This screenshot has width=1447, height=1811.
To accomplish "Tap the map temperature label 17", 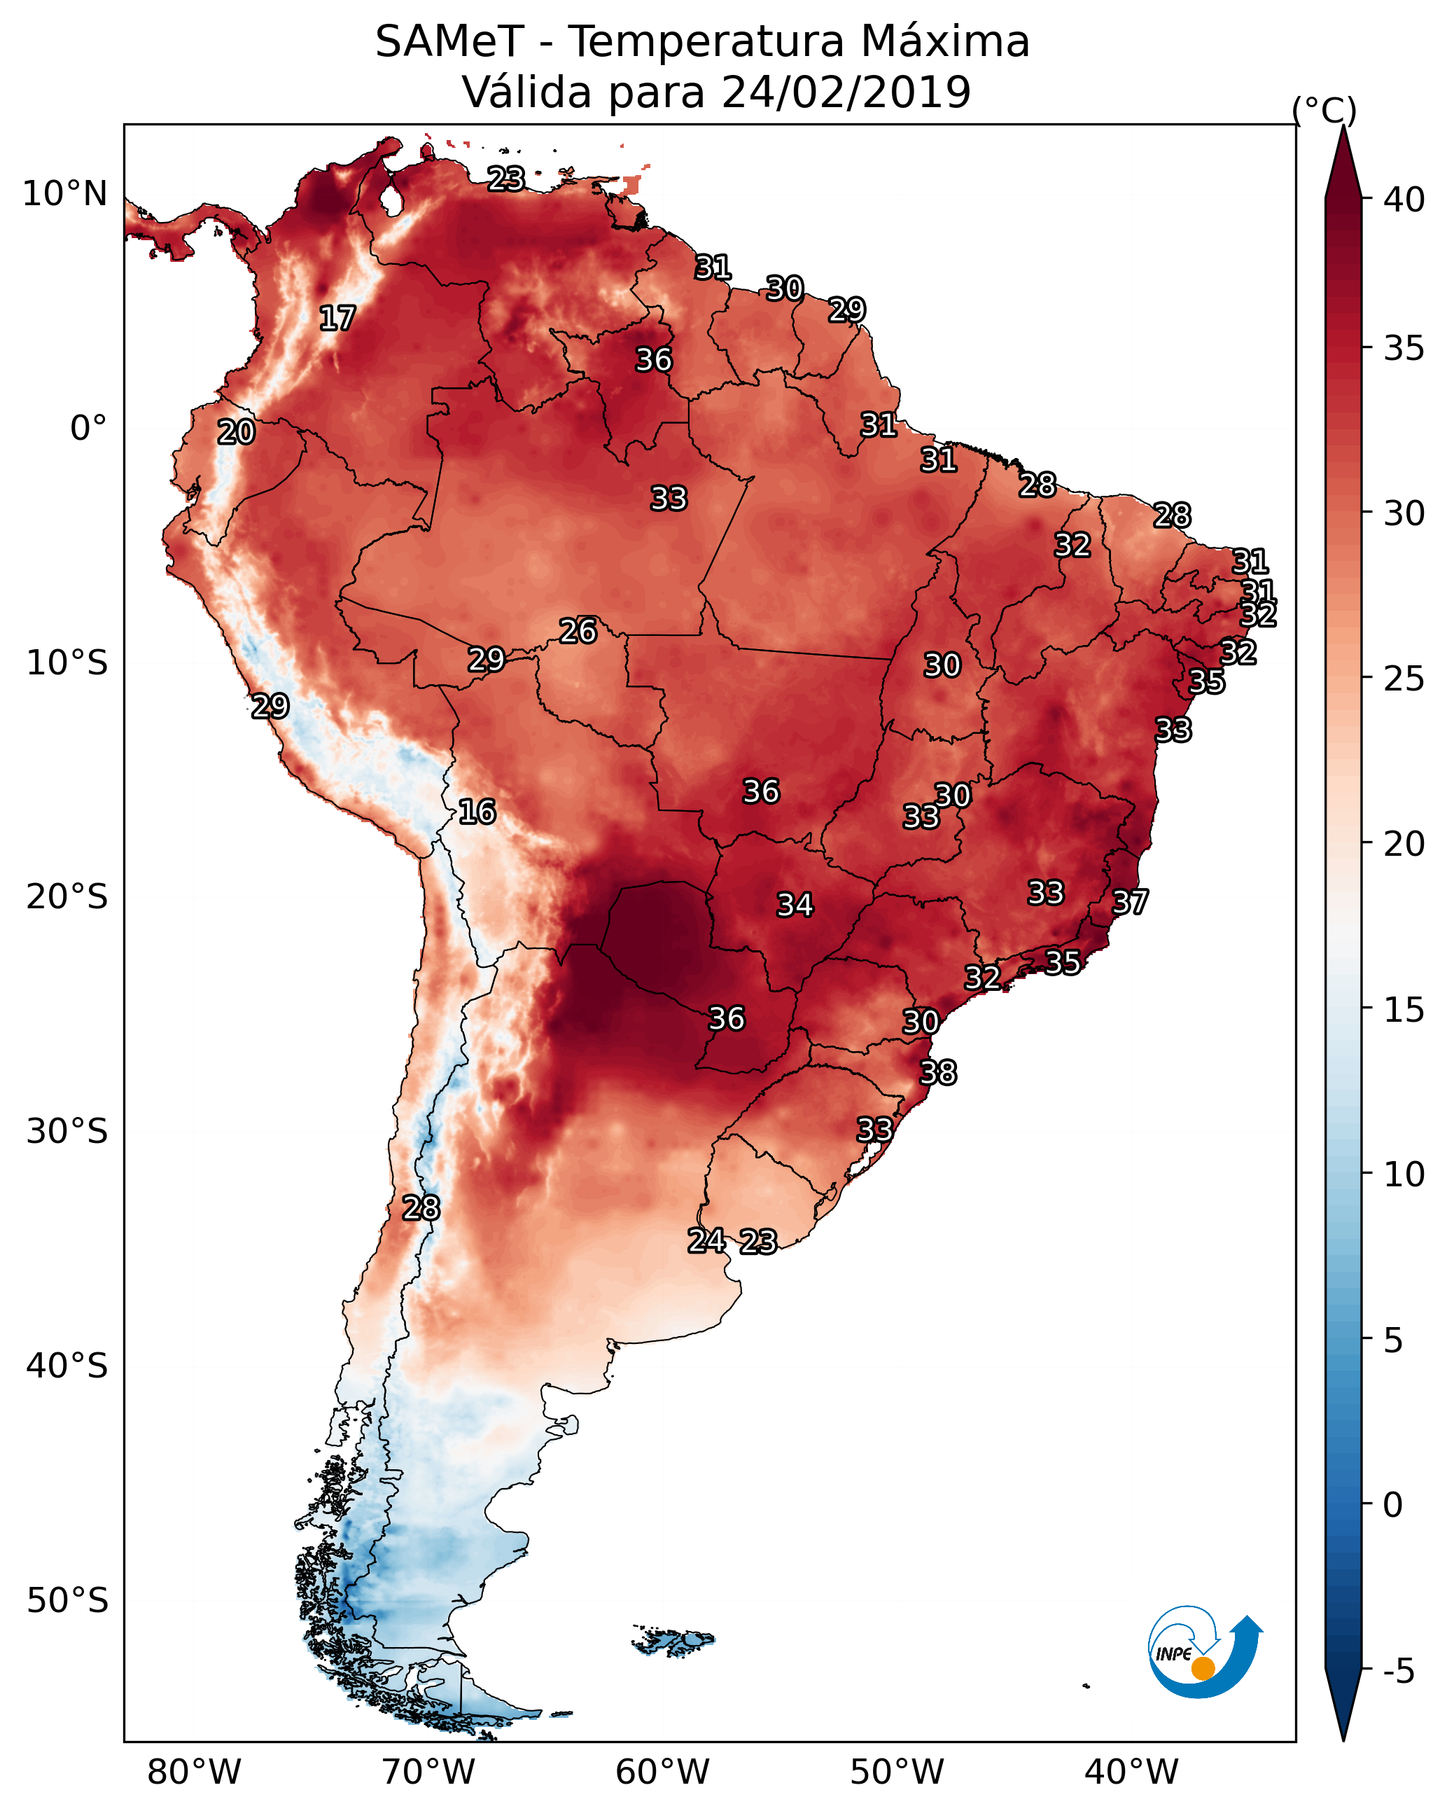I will [x=337, y=319].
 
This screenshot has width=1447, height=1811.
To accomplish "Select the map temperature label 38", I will [x=938, y=1073].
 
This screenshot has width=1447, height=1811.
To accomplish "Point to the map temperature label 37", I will [x=1130, y=902].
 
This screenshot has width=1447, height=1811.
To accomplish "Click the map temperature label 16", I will [x=477, y=812].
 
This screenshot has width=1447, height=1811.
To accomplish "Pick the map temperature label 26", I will [x=578, y=631].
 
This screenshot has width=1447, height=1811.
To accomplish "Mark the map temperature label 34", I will [x=795, y=905].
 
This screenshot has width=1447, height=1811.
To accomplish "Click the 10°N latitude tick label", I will [x=64, y=194].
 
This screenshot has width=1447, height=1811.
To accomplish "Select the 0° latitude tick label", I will [x=88, y=429].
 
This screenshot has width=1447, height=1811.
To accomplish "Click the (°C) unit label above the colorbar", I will [x=1324, y=110].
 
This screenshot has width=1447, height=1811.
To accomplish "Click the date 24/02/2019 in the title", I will [x=846, y=92].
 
